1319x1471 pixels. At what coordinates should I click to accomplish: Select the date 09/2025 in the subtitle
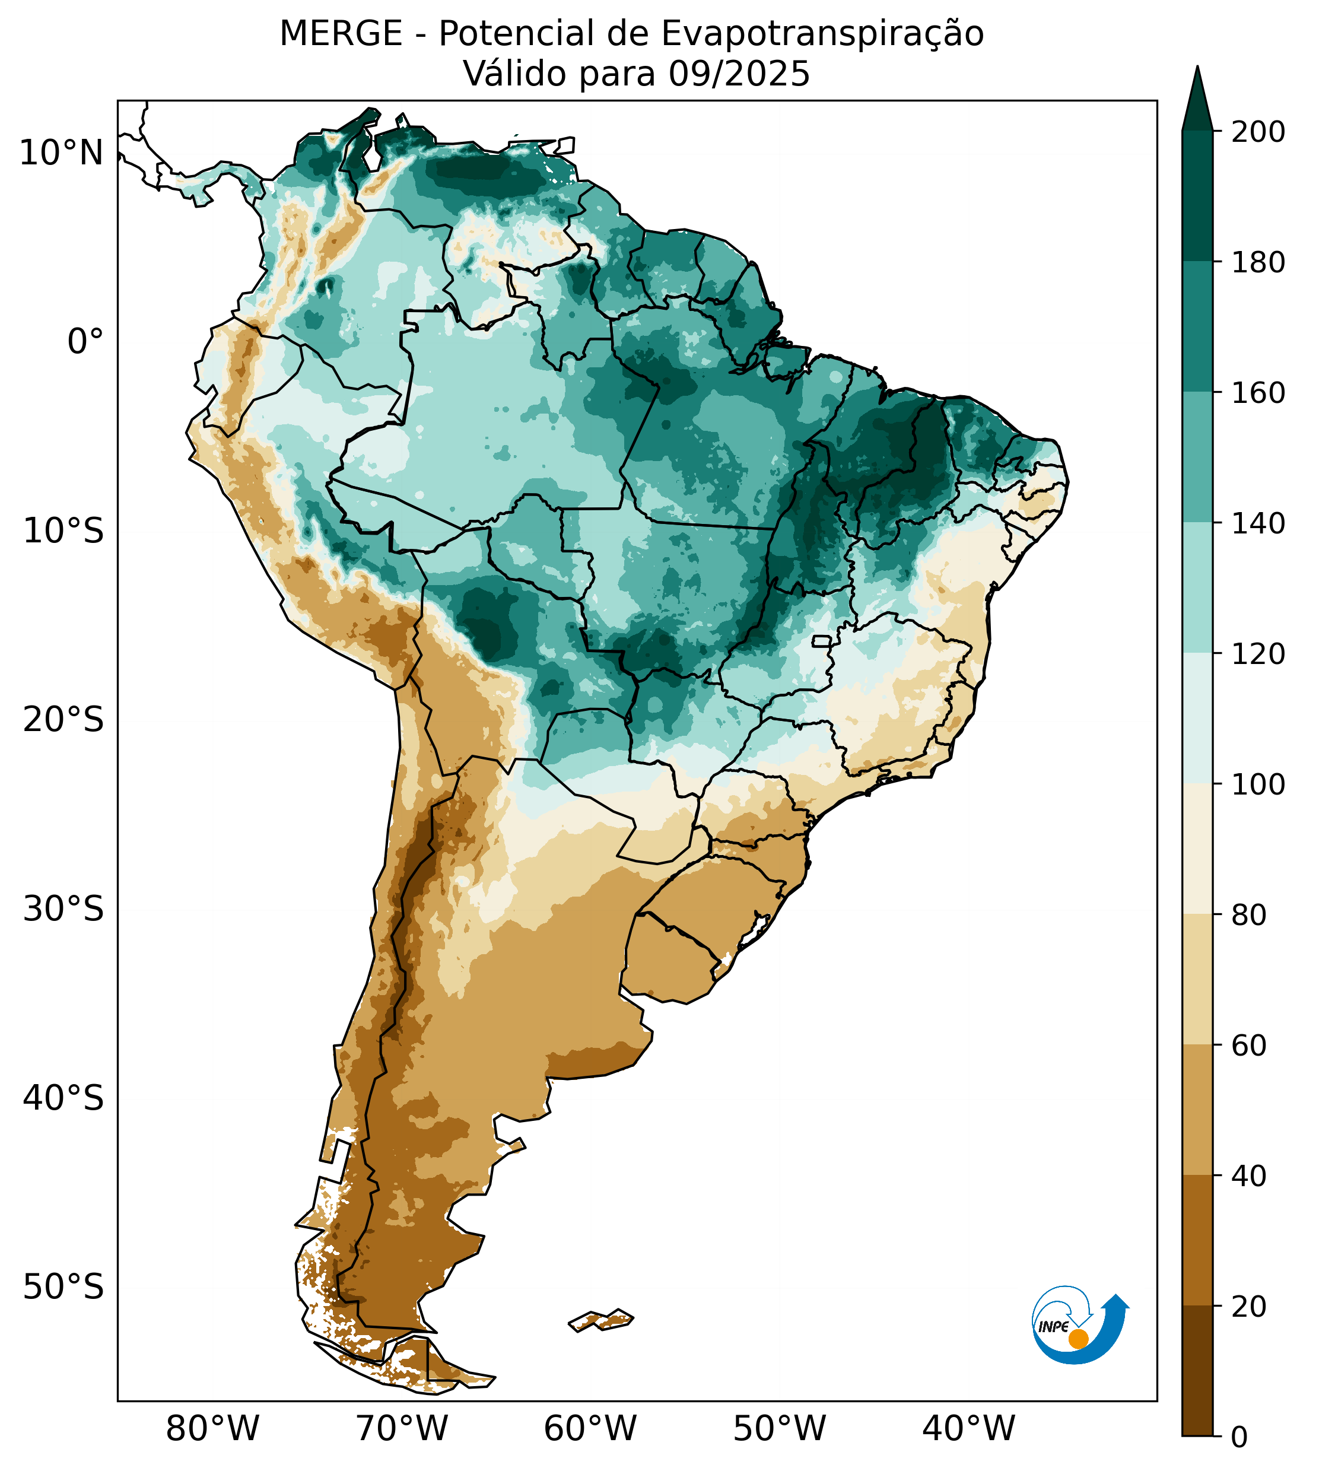(x=739, y=74)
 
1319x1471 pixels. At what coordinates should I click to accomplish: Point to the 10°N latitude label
(x=61, y=154)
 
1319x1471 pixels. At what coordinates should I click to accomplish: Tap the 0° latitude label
(x=85, y=342)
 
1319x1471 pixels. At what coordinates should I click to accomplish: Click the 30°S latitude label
(x=63, y=910)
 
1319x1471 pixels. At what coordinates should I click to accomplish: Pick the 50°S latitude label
(x=63, y=1288)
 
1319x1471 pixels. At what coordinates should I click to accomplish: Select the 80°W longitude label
(x=212, y=1429)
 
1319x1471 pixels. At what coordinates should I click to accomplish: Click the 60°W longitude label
(x=590, y=1429)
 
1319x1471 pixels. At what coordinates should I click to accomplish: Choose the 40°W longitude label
(x=968, y=1429)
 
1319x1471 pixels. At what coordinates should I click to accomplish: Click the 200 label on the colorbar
(x=1258, y=132)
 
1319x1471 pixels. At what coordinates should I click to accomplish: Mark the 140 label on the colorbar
(x=1258, y=523)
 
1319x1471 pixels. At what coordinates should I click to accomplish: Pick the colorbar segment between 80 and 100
(x=1197, y=849)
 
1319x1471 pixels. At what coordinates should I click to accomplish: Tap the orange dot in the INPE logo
(x=1078, y=1339)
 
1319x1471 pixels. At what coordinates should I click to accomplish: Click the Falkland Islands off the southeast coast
(x=601, y=1320)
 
